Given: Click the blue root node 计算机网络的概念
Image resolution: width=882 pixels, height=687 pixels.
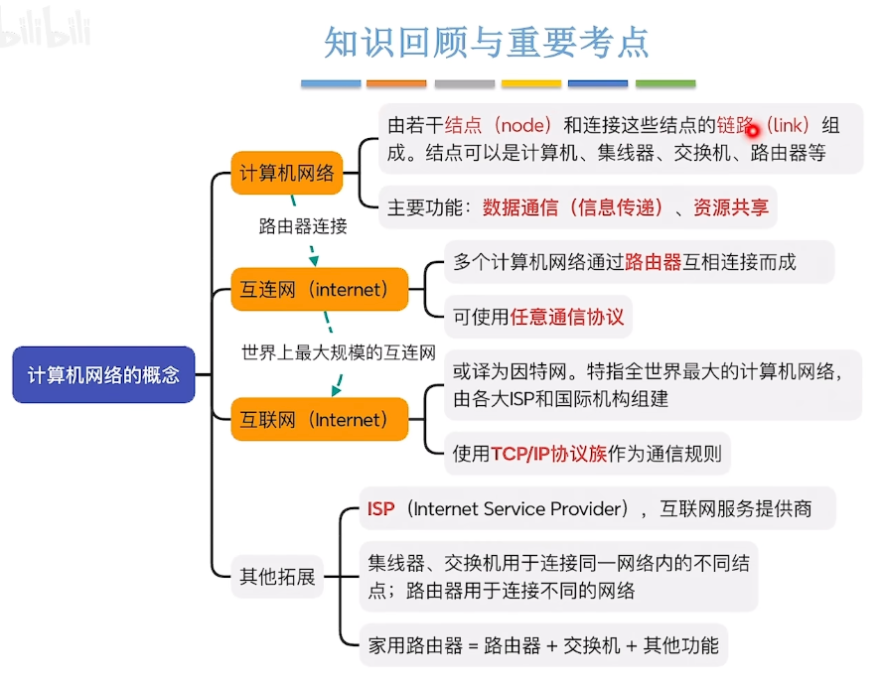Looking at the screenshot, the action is pyautogui.click(x=103, y=374).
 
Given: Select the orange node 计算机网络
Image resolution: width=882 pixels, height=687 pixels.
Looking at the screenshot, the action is pyautogui.click(x=287, y=173).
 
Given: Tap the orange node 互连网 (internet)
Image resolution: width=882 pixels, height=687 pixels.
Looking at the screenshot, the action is pyautogui.click(x=320, y=290).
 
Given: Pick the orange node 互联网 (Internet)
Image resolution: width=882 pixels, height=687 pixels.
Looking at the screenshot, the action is pyautogui.click(x=320, y=419).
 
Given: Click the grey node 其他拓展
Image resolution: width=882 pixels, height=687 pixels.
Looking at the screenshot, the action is pyautogui.click(x=277, y=576).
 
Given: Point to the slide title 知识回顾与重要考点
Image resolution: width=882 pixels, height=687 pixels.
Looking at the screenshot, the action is pyautogui.click(x=487, y=43).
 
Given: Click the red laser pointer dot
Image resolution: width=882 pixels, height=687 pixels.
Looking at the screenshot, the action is pyautogui.click(x=753, y=131).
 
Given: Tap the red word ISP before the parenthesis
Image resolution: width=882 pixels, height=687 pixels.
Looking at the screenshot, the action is pyautogui.click(x=380, y=508).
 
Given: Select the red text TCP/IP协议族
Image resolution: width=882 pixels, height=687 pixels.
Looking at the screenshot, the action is pyautogui.click(x=549, y=454).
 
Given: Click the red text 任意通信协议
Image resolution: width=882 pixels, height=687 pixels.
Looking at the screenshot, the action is pyautogui.click(x=567, y=317).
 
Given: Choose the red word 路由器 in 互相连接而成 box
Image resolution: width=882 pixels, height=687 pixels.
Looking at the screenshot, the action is pyautogui.click(x=654, y=262).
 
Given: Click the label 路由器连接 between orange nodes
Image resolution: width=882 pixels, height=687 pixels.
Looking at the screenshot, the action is pyautogui.click(x=303, y=226).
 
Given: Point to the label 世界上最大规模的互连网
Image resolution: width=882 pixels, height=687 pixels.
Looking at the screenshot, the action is pyautogui.click(x=339, y=352).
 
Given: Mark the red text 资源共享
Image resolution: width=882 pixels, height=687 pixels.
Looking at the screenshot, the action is pyautogui.click(x=731, y=207).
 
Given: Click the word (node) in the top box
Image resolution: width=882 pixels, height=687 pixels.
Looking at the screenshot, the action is pyautogui.click(x=522, y=125).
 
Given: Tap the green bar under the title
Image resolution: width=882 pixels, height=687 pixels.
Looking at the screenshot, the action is pyautogui.click(x=665, y=83).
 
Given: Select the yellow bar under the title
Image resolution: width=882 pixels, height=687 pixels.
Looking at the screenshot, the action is pyautogui.click(x=531, y=83).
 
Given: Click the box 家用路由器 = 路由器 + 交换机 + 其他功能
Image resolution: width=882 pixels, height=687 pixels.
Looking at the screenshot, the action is pyautogui.click(x=543, y=645).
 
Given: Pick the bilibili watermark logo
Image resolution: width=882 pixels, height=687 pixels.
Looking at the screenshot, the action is pyautogui.click(x=45, y=28).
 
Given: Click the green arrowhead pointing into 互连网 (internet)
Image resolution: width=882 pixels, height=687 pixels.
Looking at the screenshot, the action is pyautogui.click(x=314, y=261).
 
